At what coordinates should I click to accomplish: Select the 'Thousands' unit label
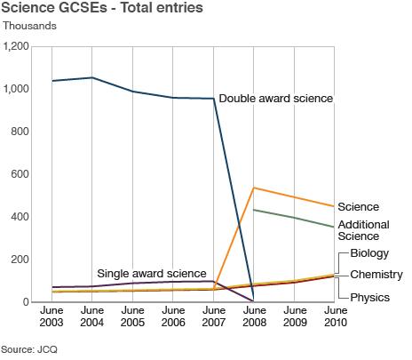coord(29,26)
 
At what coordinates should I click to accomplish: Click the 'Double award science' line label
coord(275,99)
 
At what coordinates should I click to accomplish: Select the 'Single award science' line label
coord(153,273)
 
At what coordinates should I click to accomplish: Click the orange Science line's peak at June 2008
coord(254,188)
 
